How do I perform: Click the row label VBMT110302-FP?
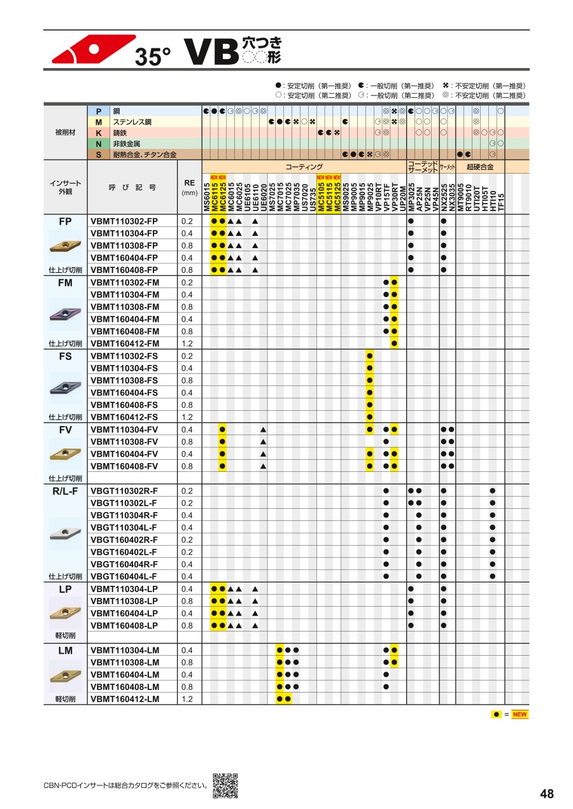[124, 221]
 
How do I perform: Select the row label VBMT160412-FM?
[125, 343]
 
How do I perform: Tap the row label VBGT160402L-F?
[124, 552]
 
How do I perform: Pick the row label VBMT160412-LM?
[125, 699]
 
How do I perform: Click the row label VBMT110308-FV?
[124, 441]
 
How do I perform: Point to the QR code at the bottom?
[225, 785]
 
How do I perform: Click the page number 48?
[546, 794]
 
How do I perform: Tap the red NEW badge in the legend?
[520, 714]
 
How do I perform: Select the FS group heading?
[66, 356]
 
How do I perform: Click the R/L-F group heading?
[66, 491]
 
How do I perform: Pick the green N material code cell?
[99, 144]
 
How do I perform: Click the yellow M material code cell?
[99, 121]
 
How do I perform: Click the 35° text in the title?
[153, 57]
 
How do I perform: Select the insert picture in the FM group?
[66, 314]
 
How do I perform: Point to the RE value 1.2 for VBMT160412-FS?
[187, 417]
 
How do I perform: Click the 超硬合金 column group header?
[484, 167]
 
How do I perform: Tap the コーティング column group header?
[304, 167]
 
